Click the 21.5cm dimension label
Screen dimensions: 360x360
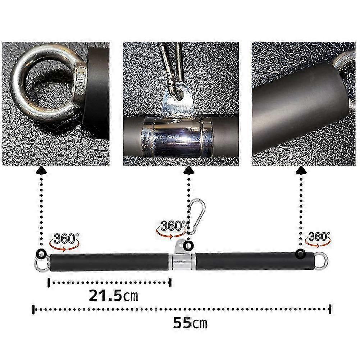point(113,296)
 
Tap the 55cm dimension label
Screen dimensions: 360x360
point(190,323)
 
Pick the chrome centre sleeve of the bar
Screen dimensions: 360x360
point(182,261)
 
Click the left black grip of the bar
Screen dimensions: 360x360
point(109,263)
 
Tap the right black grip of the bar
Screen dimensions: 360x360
point(255,261)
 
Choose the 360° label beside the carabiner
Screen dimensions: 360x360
point(173,226)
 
